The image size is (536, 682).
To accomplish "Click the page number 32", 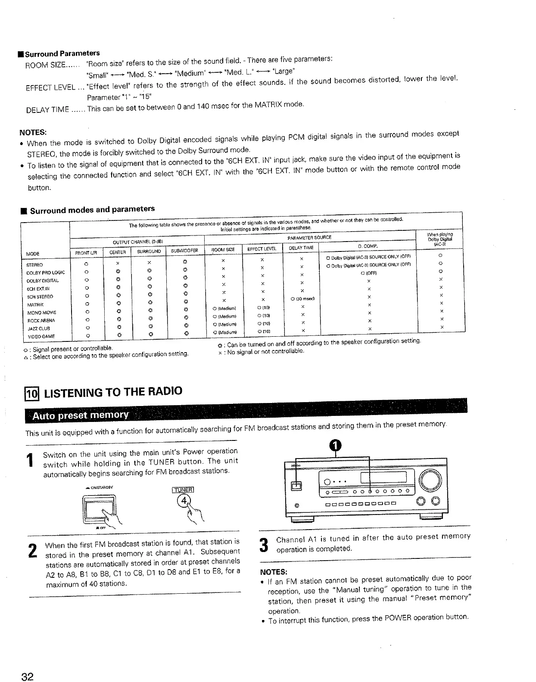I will pos(28,676).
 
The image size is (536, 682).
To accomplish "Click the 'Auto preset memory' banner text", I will pos(81,415).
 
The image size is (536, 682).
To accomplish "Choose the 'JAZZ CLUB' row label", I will pos(38,328).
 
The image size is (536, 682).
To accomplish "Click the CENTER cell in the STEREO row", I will pos(117,263).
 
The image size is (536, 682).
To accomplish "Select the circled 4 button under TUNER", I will pos(185,500).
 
